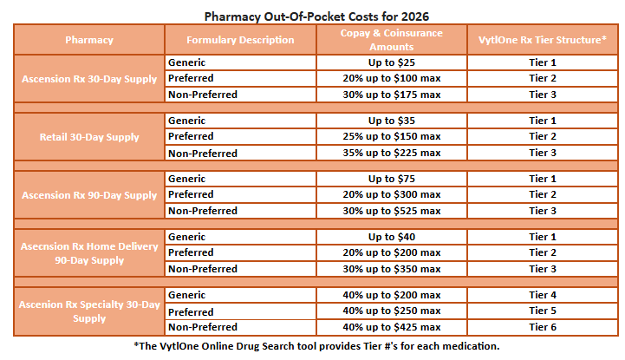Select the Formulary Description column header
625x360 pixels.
(241, 40)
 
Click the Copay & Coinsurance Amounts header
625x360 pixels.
(392, 40)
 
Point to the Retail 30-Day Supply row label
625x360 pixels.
(89, 137)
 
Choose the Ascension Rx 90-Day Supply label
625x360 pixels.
(89, 195)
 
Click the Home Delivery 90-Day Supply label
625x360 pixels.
(89, 253)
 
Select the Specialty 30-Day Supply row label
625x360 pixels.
(89, 311)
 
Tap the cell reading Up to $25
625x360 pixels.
(392, 62)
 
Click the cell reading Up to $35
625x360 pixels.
(392, 121)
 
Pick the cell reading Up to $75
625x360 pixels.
(392, 179)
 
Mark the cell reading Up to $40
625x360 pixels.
(392, 237)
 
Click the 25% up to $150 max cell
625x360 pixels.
(392, 137)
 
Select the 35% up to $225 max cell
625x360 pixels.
(392, 154)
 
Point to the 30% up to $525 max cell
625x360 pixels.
(392, 211)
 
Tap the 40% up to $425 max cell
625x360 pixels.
(392, 328)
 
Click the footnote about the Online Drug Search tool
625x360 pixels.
(316, 346)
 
